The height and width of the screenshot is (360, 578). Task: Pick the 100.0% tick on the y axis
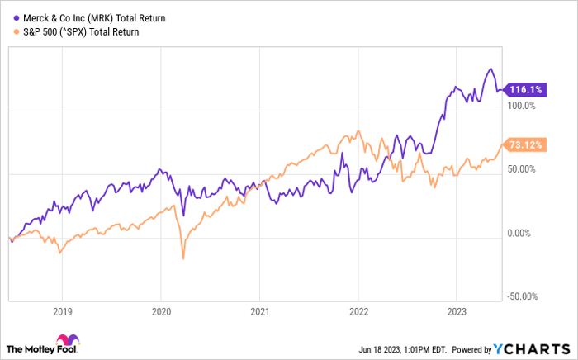click(521, 106)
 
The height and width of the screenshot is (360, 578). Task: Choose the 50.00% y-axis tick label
click(521, 169)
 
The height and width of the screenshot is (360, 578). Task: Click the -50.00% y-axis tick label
click(521, 296)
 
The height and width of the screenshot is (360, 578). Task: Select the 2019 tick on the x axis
click(63, 312)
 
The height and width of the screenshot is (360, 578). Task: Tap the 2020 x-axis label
click(161, 312)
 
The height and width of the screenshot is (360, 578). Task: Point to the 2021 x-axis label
click(260, 312)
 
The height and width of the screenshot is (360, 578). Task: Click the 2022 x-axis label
click(358, 312)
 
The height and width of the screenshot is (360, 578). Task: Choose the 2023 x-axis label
click(457, 312)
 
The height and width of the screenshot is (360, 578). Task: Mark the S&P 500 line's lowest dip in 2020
click(182, 258)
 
